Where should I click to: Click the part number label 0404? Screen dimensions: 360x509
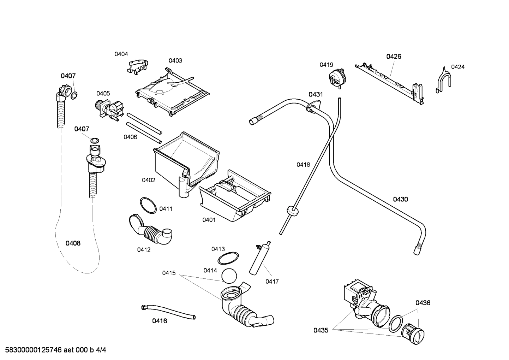pyautogui.click(x=121, y=54)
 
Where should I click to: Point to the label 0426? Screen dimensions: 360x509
pyautogui.click(x=394, y=57)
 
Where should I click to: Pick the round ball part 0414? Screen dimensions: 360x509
pyautogui.click(x=229, y=276)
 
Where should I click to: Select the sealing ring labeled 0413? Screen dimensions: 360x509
pyautogui.click(x=228, y=258)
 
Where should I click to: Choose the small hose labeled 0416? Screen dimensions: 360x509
pyautogui.click(x=168, y=312)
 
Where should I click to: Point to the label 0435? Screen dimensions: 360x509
pyautogui.click(x=321, y=330)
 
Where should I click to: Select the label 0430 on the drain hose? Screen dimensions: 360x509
pyautogui.click(x=401, y=199)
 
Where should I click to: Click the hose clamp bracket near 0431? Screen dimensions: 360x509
pyautogui.click(x=313, y=106)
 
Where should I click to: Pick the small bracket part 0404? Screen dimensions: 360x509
pyautogui.click(x=138, y=66)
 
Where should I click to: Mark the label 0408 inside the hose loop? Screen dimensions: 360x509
pyautogui.click(x=73, y=243)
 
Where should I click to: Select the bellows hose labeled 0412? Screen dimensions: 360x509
pyautogui.click(x=150, y=230)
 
